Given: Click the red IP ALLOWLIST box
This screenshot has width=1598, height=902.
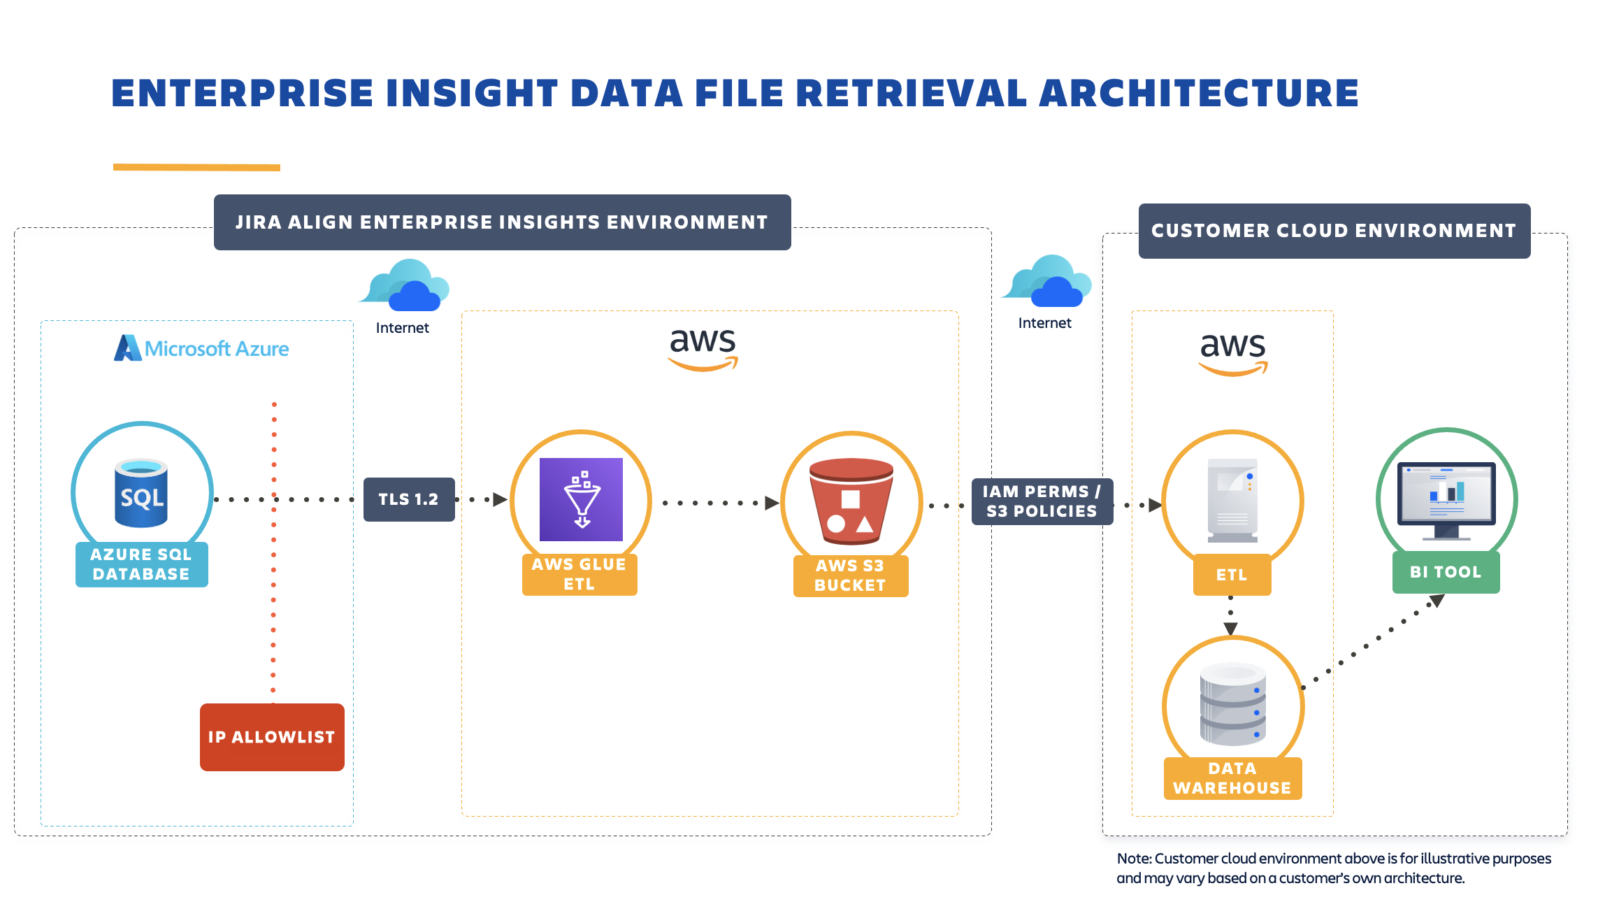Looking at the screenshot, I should click(x=272, y=737).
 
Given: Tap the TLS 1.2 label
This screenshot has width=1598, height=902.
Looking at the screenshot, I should click(x=409, y=499).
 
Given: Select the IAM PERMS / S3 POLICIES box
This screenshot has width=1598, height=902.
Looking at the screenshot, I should click(x=1042, y=501).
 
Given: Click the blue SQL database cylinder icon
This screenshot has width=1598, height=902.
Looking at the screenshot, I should click(x=141, y=493).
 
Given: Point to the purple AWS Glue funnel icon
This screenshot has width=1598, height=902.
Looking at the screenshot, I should click(x=581, y=499).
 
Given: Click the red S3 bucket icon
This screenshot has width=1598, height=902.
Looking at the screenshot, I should click(x=851, y=501).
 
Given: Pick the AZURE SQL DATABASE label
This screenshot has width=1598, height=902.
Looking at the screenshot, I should click(x=141, y=564).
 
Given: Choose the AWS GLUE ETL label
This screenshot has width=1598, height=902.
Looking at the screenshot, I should click(x=580, y=574).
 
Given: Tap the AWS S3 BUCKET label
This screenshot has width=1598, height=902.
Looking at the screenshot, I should click(x=850, y=575).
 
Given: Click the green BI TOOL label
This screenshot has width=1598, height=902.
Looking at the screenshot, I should click(x=1446, y=572).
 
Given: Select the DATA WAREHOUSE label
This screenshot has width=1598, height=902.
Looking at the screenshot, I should click(x=1232, y=778).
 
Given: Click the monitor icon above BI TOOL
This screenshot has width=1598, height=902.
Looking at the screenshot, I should click(x=1446, y=499).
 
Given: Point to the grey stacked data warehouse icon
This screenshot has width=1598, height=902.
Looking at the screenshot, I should click(x=1232, y=704).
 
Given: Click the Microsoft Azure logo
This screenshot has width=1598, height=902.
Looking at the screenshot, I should click(x=202, y=348).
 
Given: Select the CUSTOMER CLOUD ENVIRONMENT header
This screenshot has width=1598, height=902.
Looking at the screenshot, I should click(x=1334, y=231).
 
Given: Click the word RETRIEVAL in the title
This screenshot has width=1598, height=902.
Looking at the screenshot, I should click(x=911, y=94).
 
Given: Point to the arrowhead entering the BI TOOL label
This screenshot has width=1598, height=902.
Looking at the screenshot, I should click(x=1437, y=601).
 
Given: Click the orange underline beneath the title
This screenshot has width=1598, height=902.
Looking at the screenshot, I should click(x=196, y=167).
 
